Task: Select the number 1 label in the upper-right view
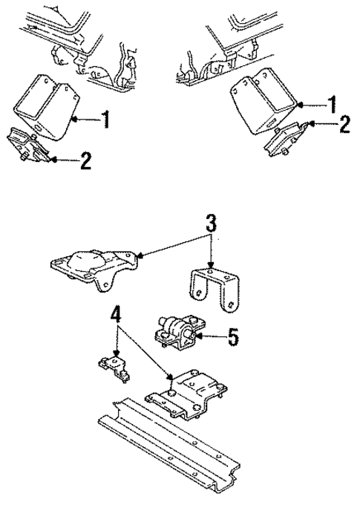point(333,102)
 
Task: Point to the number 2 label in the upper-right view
point(343,123)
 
